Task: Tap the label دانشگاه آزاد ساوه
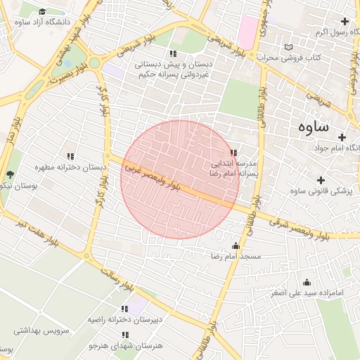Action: click(42, 22)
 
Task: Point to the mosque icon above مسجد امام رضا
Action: click(235, 246)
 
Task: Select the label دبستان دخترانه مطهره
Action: click(70, 167)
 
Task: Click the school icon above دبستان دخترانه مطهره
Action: click(70, 156)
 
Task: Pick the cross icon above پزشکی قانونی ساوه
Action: click(321, 180)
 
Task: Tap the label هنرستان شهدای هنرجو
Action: click(126, 346)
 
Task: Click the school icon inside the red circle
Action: click(233, 153)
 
